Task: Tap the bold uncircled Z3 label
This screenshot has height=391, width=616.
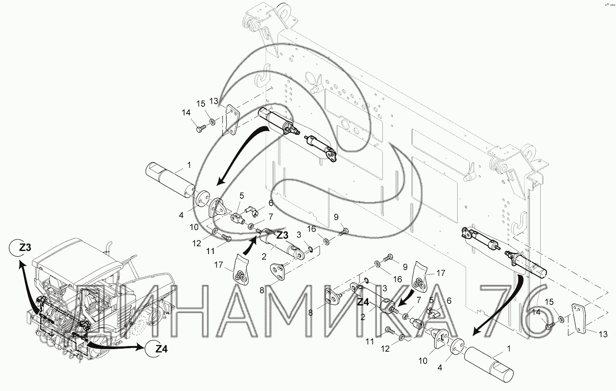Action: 282,235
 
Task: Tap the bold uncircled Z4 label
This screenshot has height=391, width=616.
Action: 363,302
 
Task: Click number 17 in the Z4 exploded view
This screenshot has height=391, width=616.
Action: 440,273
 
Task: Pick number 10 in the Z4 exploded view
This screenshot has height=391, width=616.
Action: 423,361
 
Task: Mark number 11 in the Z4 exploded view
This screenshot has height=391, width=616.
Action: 369,342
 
